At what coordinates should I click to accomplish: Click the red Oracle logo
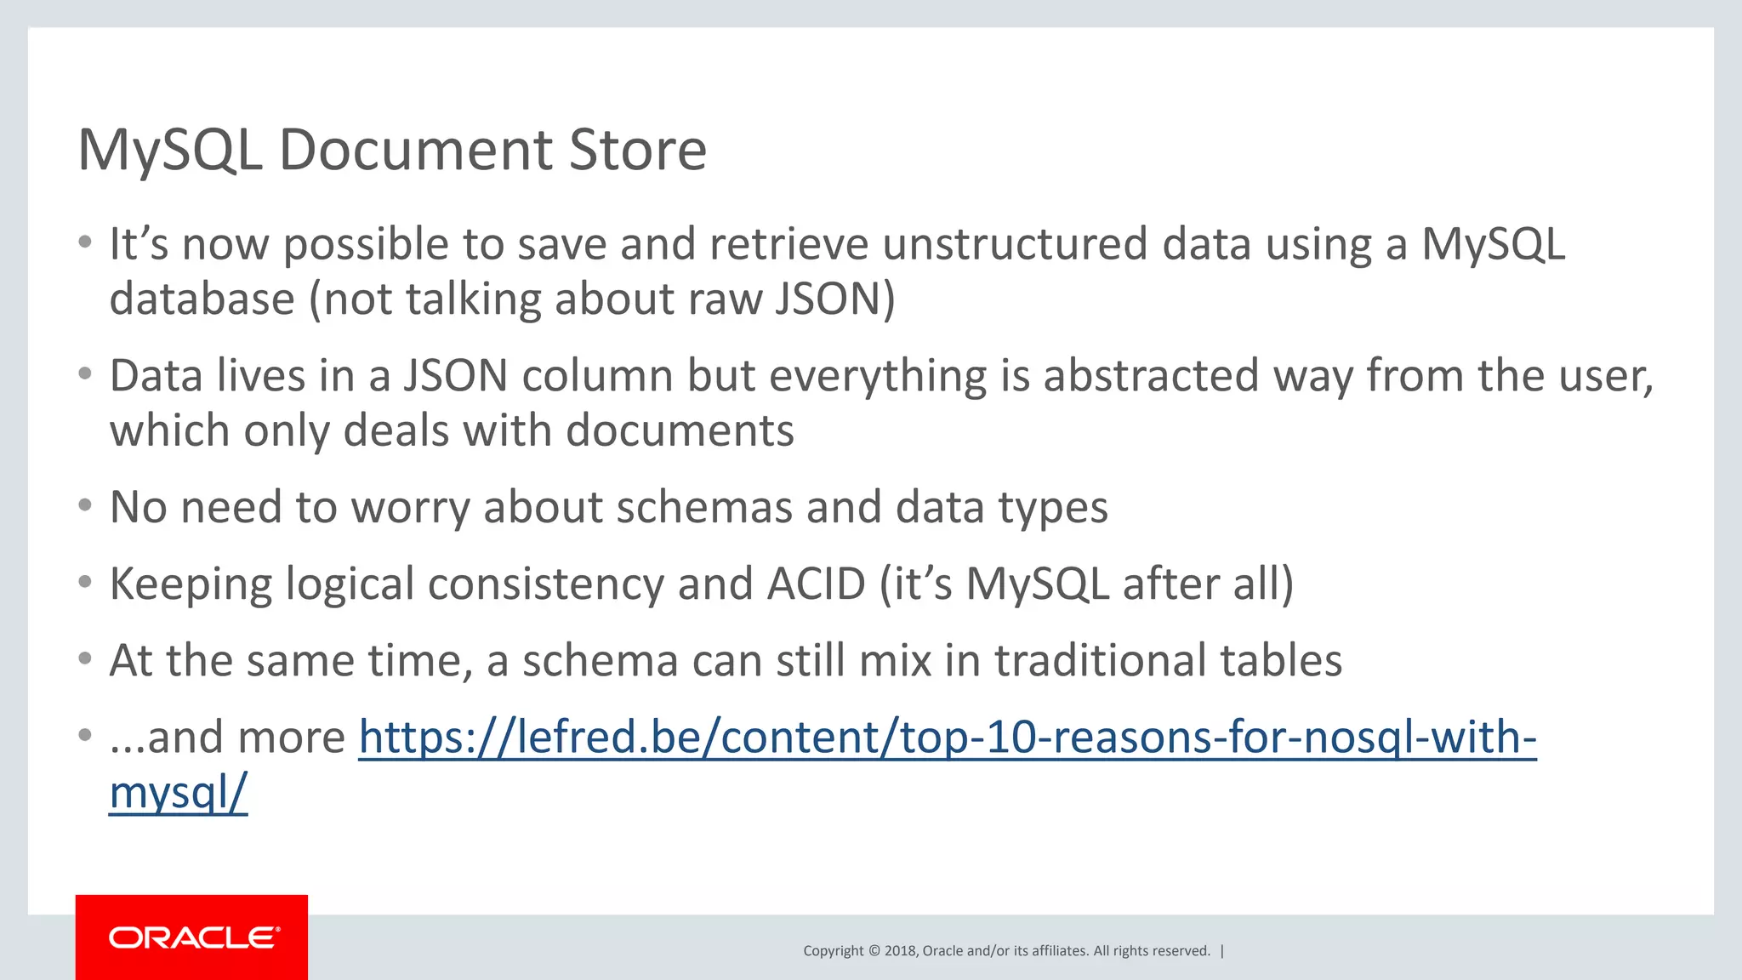tap(191, 937)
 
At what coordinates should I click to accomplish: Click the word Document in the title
tap(415, 151)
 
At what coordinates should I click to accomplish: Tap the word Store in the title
tap(637, 151)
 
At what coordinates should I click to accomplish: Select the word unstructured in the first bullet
tap(1014, 244)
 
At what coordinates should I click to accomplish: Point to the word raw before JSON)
tap(725, 299)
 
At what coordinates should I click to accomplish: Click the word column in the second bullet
tap(597, 376)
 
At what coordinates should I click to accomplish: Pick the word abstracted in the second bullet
tap(1150, 376)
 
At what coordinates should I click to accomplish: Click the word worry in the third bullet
tap(410, 508)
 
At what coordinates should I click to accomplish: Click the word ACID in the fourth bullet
tap(816, 584)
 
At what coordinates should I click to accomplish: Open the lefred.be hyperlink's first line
tap(947, 738)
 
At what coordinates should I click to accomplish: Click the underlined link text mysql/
tap(178, 793)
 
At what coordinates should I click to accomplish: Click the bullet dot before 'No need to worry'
tap(84, 505)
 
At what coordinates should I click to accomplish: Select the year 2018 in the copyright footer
tap(900, 951)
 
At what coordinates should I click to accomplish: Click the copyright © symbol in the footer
tap(874, 951)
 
